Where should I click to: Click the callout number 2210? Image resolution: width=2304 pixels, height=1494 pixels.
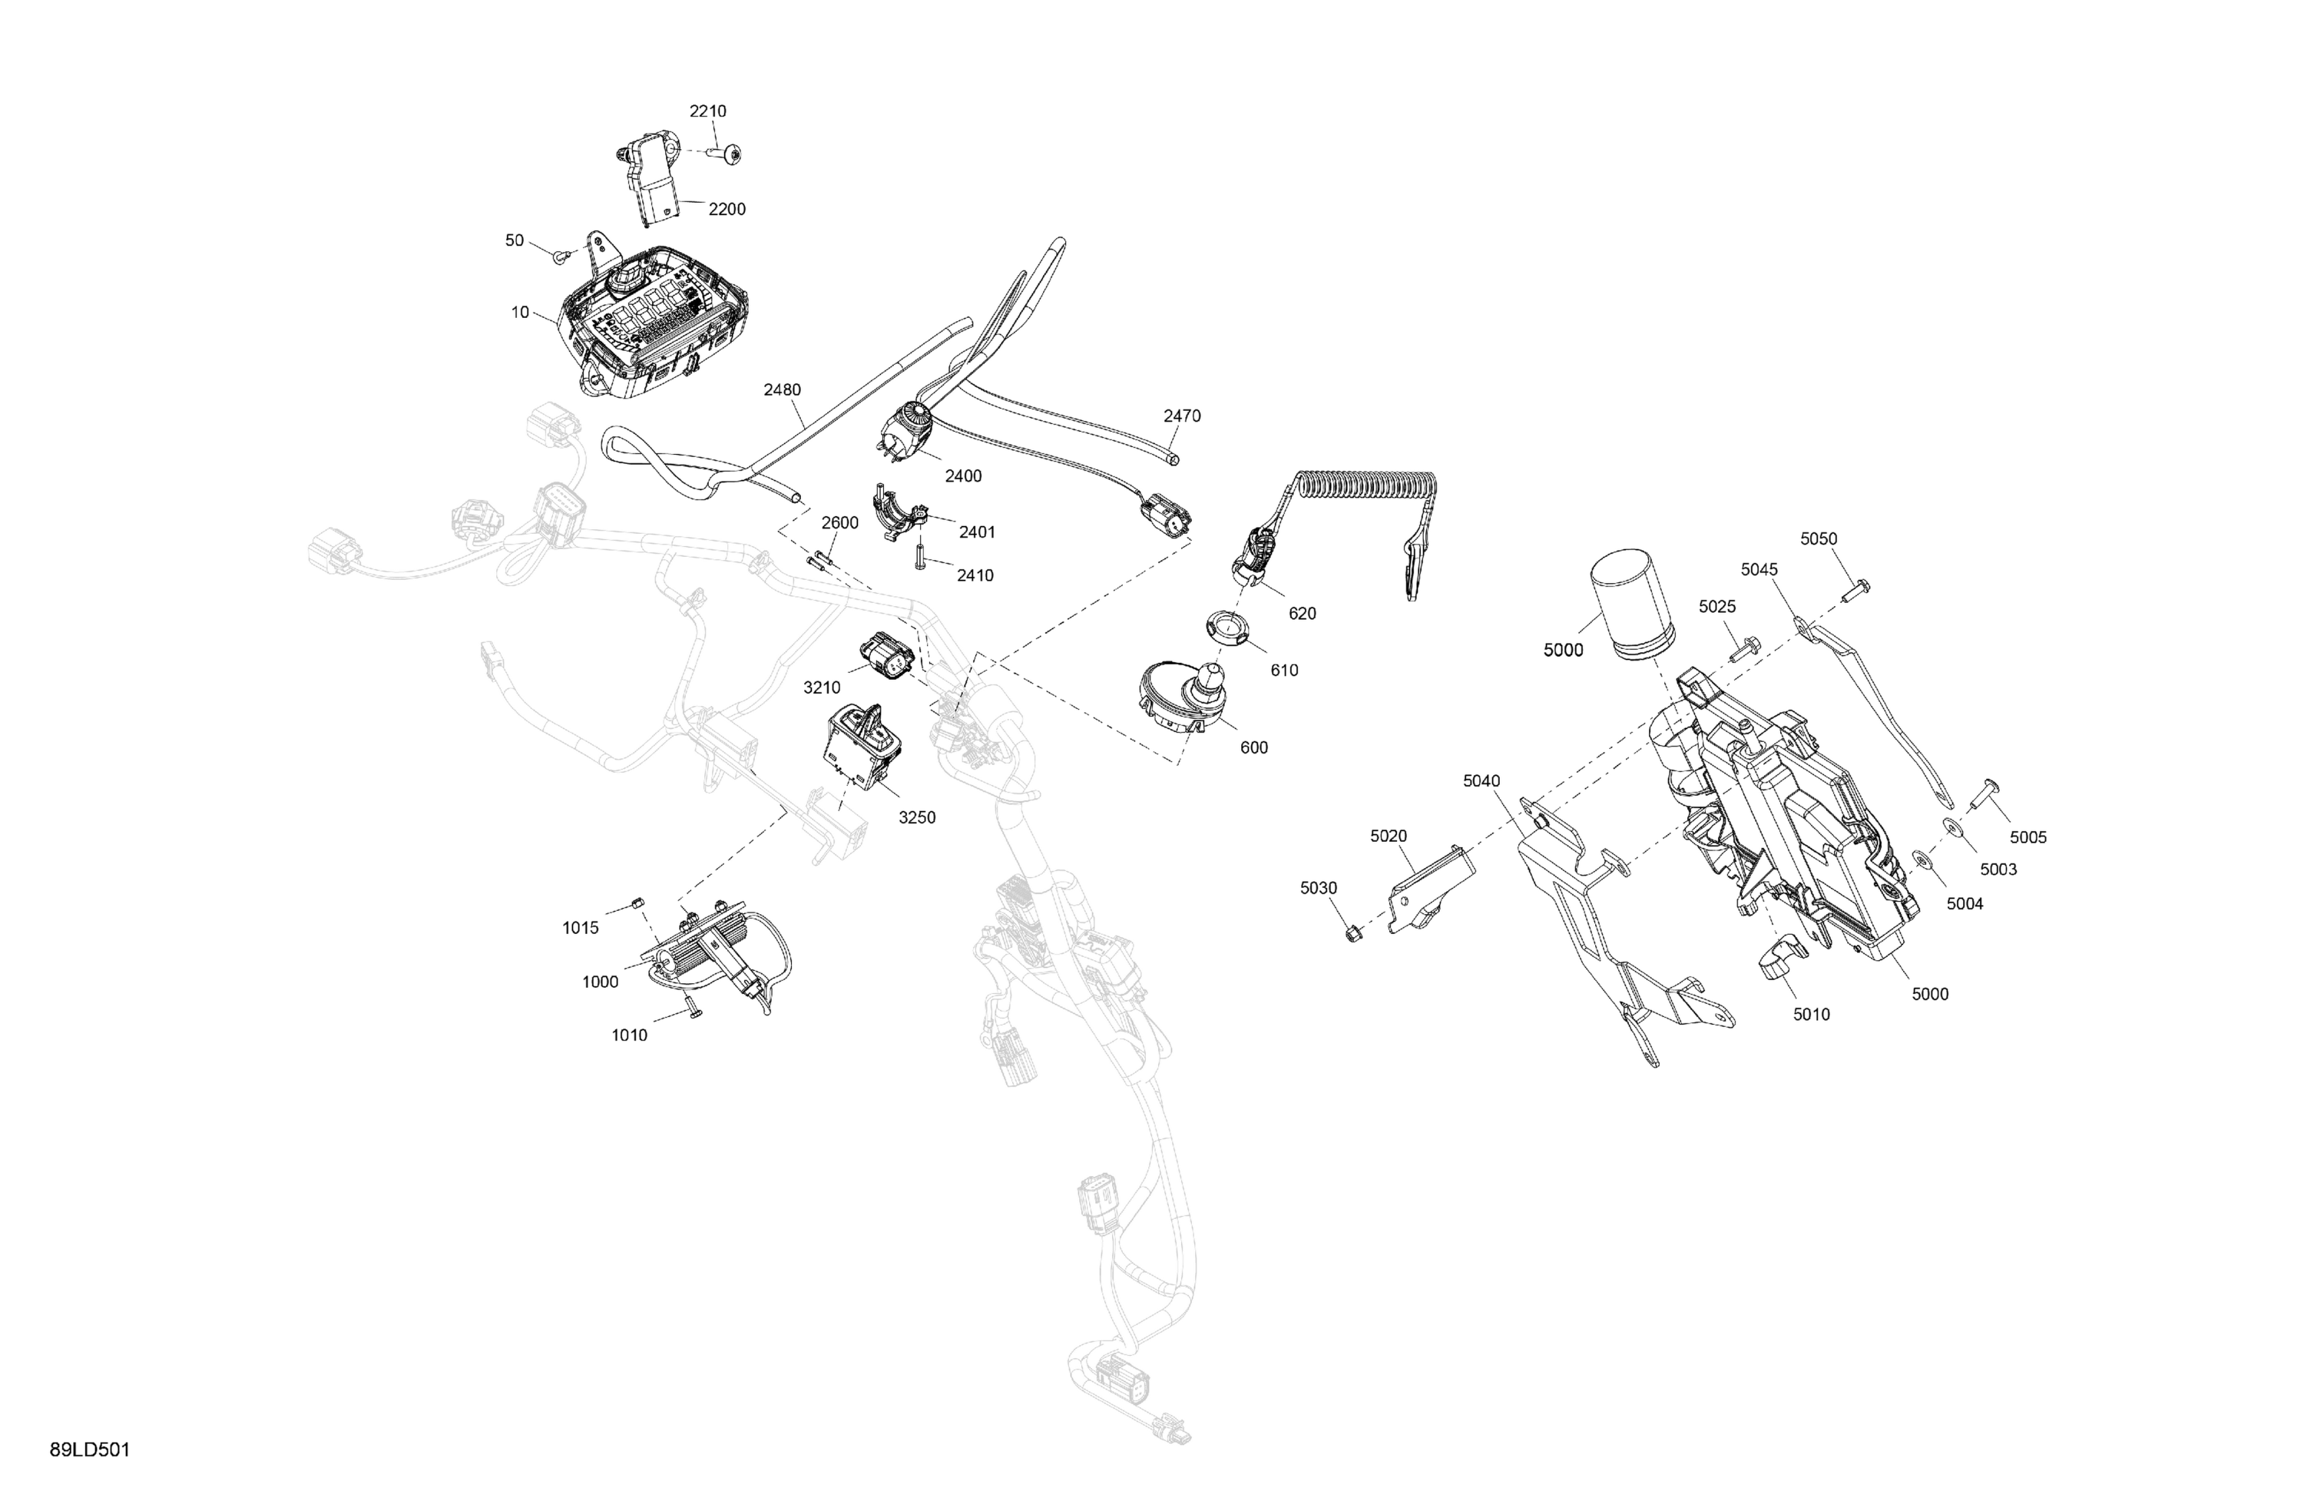pyautogui.click(x=707, y=111)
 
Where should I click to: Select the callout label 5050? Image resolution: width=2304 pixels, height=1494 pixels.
pyautogui.click(x=1818, y=539)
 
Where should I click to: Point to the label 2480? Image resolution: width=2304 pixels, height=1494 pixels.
pyautogui.click(x=782, y=390)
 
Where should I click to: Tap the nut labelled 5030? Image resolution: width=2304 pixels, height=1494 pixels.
pyautogui.click(x=1354, y=933)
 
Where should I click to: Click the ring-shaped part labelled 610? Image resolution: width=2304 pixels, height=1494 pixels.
pyautogui.click(x=1227, y=628)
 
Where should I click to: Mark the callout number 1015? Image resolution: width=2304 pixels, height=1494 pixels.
pyautogui.click(x=581, y=929)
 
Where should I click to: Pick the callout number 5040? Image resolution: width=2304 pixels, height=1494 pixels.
pyautogui.click(x=1482, y=781)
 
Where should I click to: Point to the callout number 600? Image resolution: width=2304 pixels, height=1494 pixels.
pyautogui.click(x=1253, y=747)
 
